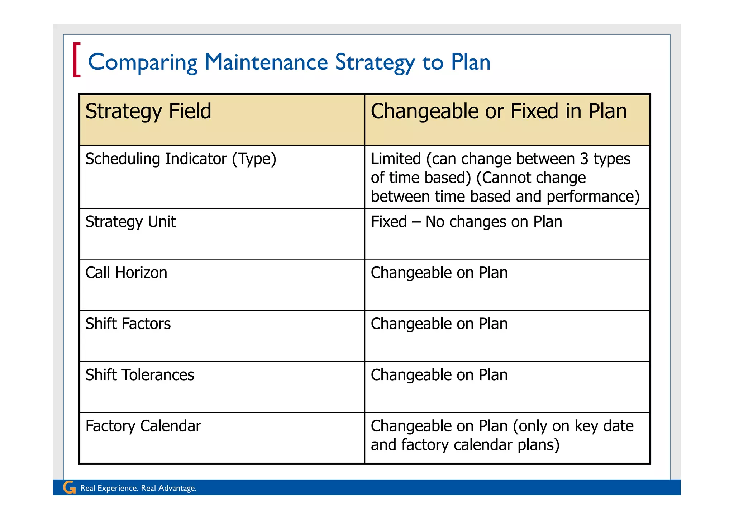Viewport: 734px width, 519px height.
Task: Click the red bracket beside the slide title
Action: pos(76,60)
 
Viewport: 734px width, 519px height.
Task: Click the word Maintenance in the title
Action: pos(266,62)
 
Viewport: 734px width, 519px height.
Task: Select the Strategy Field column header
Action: pos(148,111)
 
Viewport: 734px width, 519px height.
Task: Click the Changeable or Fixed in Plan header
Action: pos(499,111)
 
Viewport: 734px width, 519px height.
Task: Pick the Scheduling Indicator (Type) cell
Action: pos(181,159)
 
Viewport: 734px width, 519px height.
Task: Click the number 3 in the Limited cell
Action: pos(584,159)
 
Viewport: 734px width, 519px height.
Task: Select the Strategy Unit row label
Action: pos(130,222)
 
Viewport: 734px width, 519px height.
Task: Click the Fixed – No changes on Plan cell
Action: pos(466,222)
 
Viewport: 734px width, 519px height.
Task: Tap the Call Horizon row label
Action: pos(126,273)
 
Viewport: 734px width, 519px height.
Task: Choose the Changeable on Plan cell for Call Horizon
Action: pos(439,273)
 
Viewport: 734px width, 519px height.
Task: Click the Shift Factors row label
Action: pos(128,324)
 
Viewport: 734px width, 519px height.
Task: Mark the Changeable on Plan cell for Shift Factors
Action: pos(439,324)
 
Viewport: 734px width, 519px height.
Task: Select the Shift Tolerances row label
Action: pos(140,375)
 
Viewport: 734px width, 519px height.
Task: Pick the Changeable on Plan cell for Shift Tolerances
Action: pos(439,375)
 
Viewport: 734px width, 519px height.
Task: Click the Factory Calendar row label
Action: pos(143,426)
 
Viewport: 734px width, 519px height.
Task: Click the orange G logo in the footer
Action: pos(69,487)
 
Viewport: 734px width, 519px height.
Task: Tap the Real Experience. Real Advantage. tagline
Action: pos(138,488)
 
